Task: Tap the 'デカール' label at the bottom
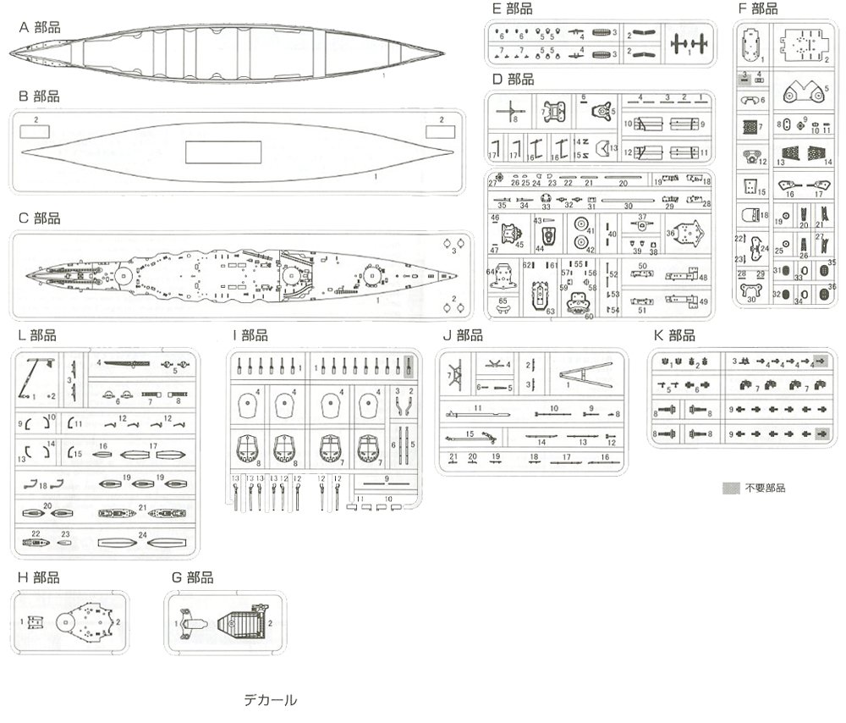coord(270,700)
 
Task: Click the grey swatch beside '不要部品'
coord(731,488)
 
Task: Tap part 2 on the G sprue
coord(242,624)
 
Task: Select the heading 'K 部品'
coord(674,335)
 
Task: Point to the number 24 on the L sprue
coord(144,534)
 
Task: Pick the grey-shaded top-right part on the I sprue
coord(409,366)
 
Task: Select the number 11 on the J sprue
coord(477,408)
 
